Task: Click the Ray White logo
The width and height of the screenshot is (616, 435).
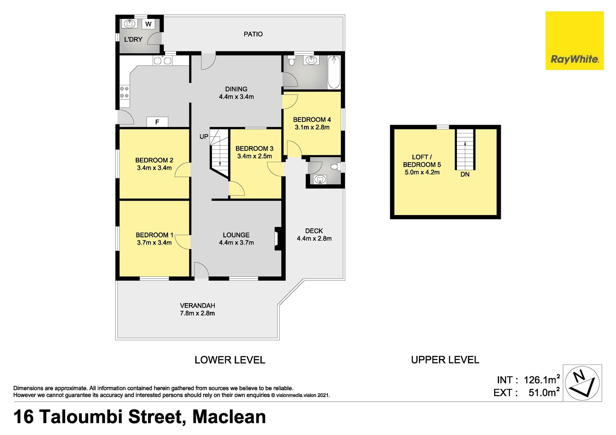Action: click(574, 41)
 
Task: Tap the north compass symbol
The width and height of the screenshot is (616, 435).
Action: click(582, 383)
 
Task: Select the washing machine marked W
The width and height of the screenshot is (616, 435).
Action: click(148, 24)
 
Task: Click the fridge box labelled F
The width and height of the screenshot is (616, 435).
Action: click(157, 122)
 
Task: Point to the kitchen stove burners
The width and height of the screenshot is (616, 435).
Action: click(124, 92)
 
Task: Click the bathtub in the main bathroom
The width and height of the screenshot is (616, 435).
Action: click(334, 72)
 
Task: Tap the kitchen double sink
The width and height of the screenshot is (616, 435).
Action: click(163, 60)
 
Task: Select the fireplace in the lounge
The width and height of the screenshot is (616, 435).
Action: click(278, 238)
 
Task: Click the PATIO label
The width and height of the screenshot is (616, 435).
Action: click(253, 34)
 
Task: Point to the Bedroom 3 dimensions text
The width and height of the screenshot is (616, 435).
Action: click(254, 156)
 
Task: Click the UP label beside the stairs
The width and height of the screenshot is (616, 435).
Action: click(204, 137)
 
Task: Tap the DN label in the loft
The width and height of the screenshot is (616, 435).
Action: click(465, 174)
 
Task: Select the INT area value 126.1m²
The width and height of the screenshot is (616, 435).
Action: click(542, 380)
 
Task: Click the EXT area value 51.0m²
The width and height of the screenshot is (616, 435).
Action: click(544, 392)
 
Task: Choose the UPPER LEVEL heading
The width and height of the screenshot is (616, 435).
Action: click(445, 360)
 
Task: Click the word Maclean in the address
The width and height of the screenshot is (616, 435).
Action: click(229, 417)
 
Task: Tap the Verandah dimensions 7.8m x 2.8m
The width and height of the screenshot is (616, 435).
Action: click(197, 313)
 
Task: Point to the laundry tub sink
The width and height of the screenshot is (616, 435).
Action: click(130, 24)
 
